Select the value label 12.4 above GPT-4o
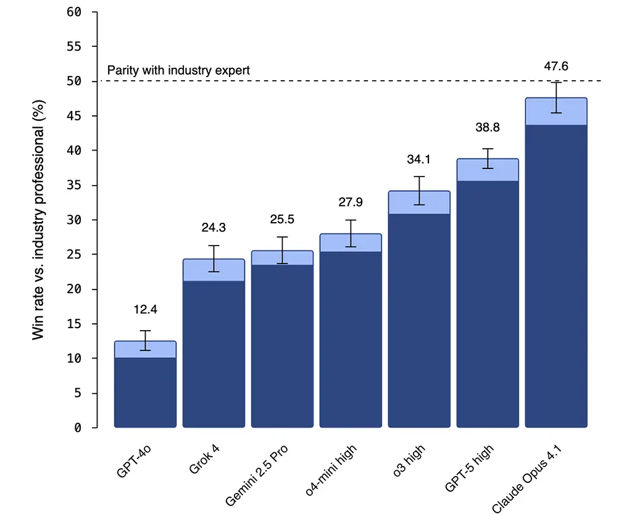coord(146,310)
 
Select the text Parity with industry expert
coord(178,70)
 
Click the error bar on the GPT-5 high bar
coord(488,159)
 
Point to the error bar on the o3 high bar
coord(419,191)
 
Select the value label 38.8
coord(488,128)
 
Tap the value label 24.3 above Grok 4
coord(214,228)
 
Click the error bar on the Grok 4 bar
coord(214,259)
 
